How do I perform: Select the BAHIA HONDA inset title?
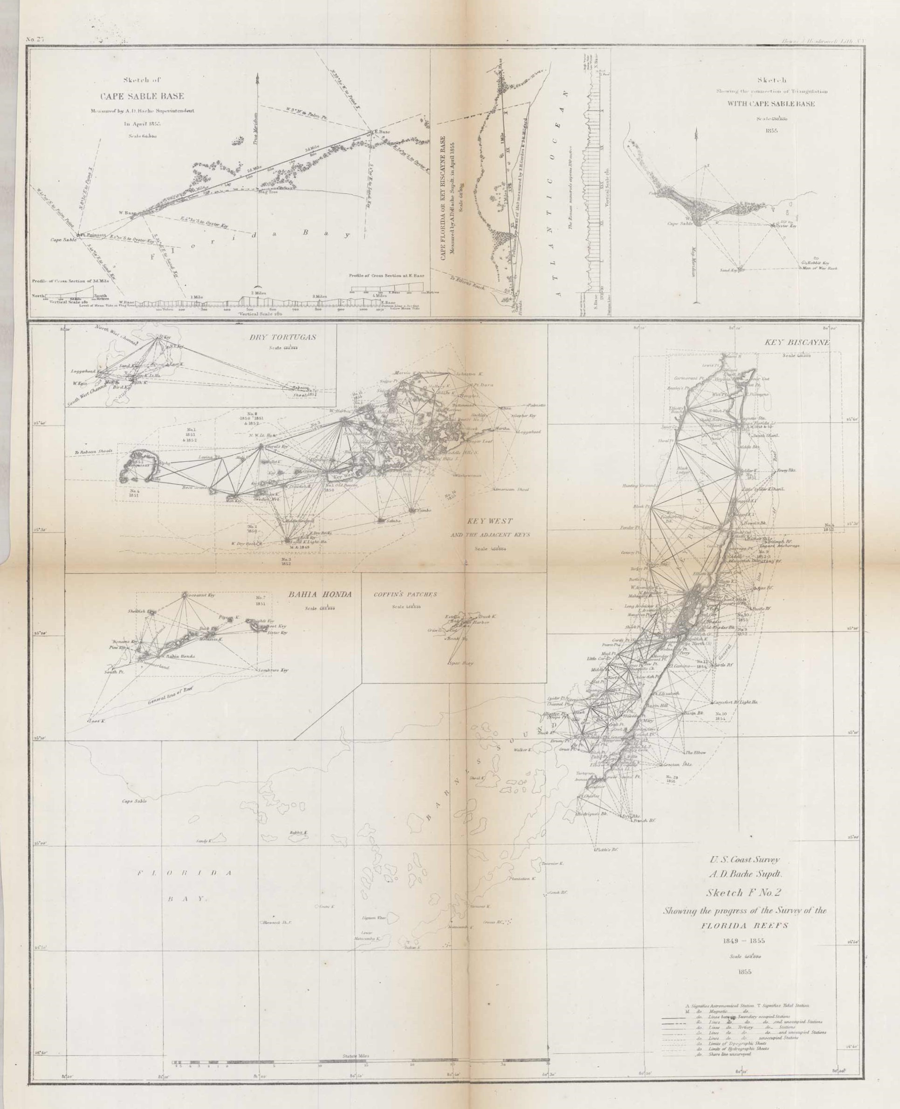319,595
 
